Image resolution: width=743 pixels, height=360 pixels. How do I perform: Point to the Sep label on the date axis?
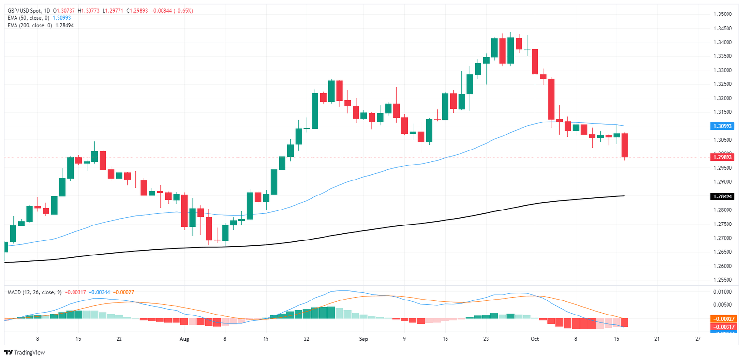pyautogui.click(x=364, y=339)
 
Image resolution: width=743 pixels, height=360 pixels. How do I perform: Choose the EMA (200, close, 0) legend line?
pyautogui.click(x=29, y=25)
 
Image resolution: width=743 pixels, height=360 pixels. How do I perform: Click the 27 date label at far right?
pyautogui.click(x=698, y=339)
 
